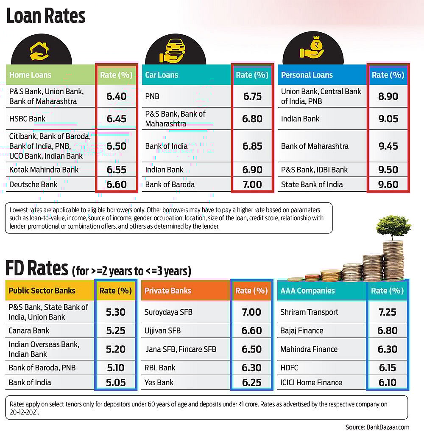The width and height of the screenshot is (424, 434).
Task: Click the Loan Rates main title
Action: coord(45,16)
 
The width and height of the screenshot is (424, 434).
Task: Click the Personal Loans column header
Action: coord(307,75)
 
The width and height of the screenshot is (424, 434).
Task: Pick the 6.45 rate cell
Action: coord(117,119)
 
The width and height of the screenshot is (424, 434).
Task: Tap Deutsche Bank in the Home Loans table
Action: coord(33,185)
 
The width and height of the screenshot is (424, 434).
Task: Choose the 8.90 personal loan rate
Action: coord(388,96)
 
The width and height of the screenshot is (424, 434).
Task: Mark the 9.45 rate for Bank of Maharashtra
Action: coord(388,146)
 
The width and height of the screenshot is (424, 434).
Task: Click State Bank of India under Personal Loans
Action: coord(312,185)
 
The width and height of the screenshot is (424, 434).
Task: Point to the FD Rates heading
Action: coord(36,269)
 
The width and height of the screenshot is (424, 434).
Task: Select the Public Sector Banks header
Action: coord(42,291)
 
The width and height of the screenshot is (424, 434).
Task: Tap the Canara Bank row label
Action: coord(29,330)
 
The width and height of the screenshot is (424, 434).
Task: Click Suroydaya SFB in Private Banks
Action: coord(168,312)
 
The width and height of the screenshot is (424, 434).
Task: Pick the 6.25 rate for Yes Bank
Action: coord(251,382)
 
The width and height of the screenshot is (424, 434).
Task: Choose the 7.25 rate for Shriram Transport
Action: coord(387,312)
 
